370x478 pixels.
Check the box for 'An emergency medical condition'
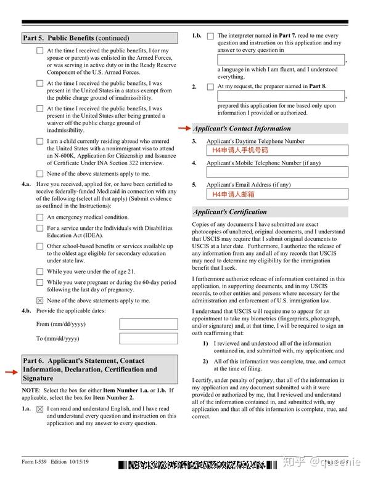40,217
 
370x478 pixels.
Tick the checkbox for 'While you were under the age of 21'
40,272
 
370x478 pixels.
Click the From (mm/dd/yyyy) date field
148,323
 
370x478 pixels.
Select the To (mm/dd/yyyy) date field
148,338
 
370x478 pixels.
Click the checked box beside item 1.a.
40,409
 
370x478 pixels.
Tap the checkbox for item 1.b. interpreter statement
210,36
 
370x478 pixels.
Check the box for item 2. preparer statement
210,87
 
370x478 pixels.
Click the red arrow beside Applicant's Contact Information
184,129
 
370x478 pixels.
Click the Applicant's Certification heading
230,212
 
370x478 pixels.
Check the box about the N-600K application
40,142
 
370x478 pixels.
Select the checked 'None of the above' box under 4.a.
40,301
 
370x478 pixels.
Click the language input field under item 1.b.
281,60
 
